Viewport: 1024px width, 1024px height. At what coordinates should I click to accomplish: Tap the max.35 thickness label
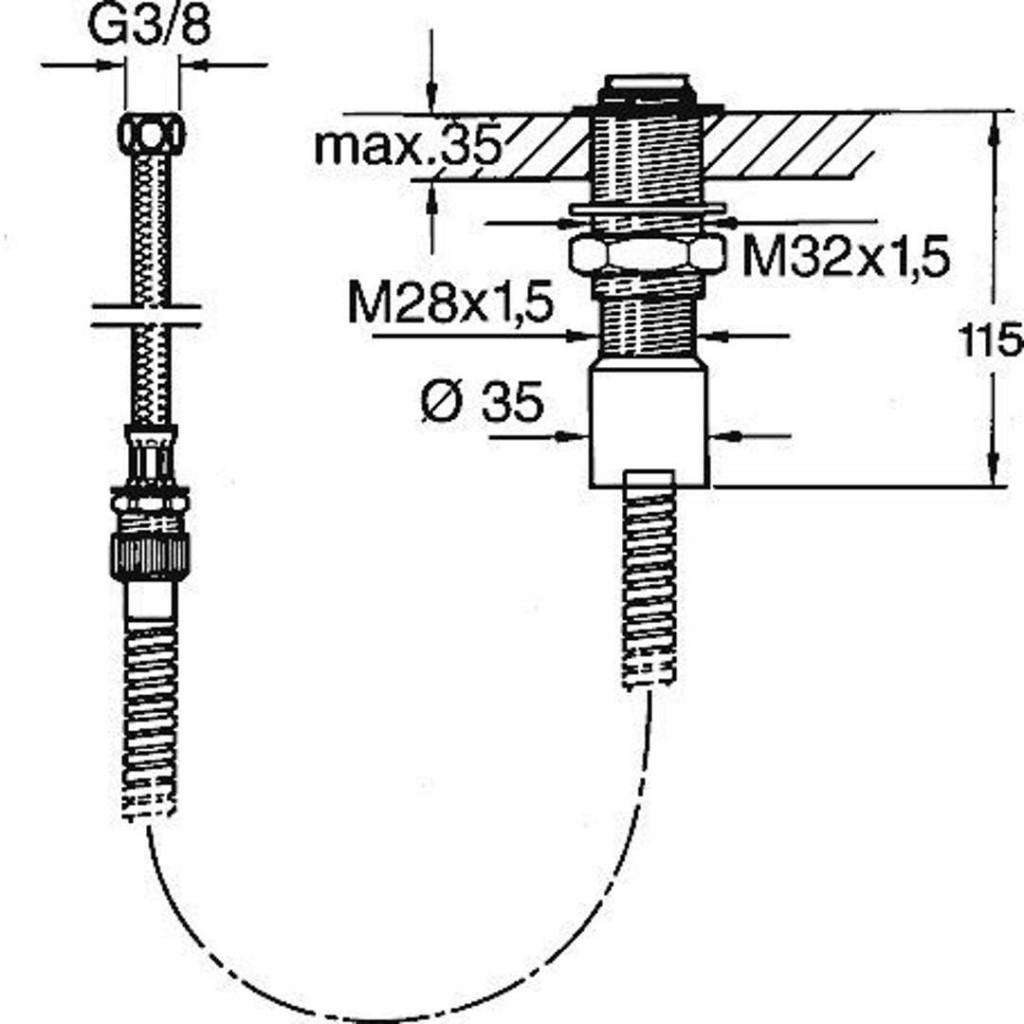[405, 146]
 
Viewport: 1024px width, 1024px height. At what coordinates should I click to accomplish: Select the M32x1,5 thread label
[844, 259]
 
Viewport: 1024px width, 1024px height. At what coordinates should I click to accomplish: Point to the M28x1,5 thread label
[450, 303]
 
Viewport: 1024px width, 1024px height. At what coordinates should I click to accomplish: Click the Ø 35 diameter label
[483, 403]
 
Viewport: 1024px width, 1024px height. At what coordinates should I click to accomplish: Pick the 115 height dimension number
[990, 341]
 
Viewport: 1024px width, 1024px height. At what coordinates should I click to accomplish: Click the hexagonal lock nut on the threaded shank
[646, 254]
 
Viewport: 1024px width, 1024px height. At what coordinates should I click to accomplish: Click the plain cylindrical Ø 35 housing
[648, 425]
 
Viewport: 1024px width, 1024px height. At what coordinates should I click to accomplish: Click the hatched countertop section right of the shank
[790, 145]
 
